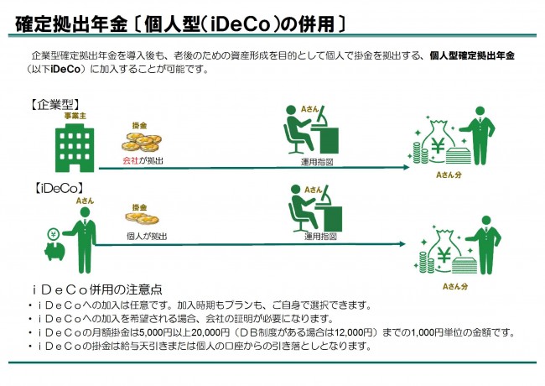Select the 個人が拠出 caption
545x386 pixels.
point(148,237)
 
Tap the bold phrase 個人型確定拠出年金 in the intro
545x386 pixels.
point(470,55)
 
